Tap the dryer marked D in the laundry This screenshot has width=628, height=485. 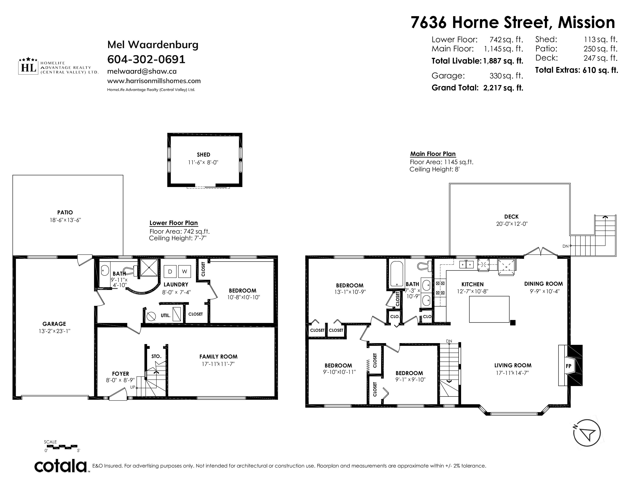170,272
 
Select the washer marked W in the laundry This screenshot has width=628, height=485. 184,272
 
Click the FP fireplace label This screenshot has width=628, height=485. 568,366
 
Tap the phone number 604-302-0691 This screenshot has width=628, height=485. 146,60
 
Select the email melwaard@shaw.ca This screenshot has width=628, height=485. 142,71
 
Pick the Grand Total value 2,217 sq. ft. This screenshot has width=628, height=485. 503,88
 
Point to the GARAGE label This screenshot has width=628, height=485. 54,324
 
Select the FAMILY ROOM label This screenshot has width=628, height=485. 218,357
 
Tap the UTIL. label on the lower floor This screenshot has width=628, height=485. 165,316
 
